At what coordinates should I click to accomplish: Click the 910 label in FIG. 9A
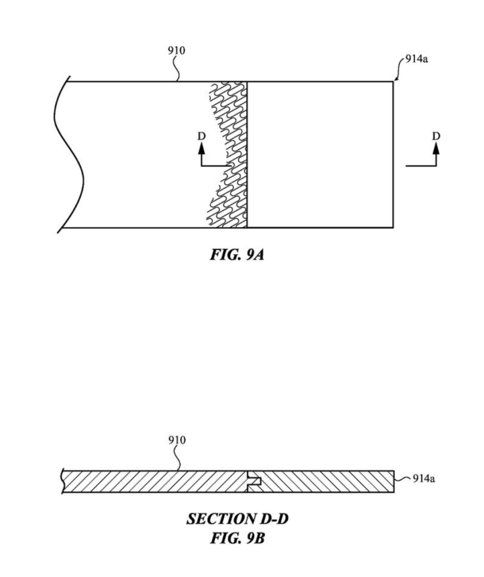[176, 51]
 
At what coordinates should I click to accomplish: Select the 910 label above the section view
[176, 441]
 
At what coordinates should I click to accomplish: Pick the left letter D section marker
[202, 136]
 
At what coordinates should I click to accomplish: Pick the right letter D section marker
[436, 136]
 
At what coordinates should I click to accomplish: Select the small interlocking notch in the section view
[254, 481]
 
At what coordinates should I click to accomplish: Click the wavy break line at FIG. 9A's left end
[70, 156]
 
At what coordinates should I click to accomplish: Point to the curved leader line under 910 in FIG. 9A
[176, 70]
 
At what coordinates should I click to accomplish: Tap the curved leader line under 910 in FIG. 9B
[177, 459]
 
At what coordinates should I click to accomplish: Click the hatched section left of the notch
[156, 482]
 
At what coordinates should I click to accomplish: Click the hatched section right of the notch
[328, 482]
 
